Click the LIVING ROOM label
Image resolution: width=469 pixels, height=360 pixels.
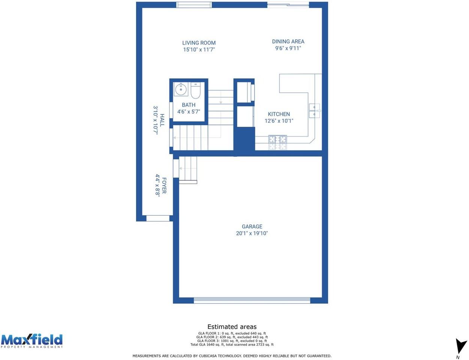click(199, 43)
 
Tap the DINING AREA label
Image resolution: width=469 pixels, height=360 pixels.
click(288, 41)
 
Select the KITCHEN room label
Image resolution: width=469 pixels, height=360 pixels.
click(279, 114)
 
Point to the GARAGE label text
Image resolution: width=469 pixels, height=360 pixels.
click(252, 226)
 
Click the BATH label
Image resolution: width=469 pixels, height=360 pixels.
click(189, 105)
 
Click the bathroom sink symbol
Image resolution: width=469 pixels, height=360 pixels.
click(181, 89)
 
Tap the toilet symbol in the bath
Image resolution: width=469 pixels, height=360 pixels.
click(196, 90)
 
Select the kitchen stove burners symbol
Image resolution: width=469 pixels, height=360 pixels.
click(277, 142)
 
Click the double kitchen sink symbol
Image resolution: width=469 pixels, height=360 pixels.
click(314, 111)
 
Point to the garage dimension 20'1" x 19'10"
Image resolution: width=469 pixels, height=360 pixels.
click(252, 233)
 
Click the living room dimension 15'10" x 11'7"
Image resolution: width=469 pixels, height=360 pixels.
click(199, 49)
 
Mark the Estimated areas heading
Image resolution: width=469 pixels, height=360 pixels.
click(232, 327)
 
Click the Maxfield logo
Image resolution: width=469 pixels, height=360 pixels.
click(31, 340)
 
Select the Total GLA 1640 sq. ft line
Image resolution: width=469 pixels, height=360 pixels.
click(232, 345)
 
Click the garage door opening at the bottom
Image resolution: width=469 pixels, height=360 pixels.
click(252, 300)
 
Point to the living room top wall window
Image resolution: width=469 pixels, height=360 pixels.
click(194, 5)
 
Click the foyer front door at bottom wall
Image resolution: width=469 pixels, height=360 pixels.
click(157, 218)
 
